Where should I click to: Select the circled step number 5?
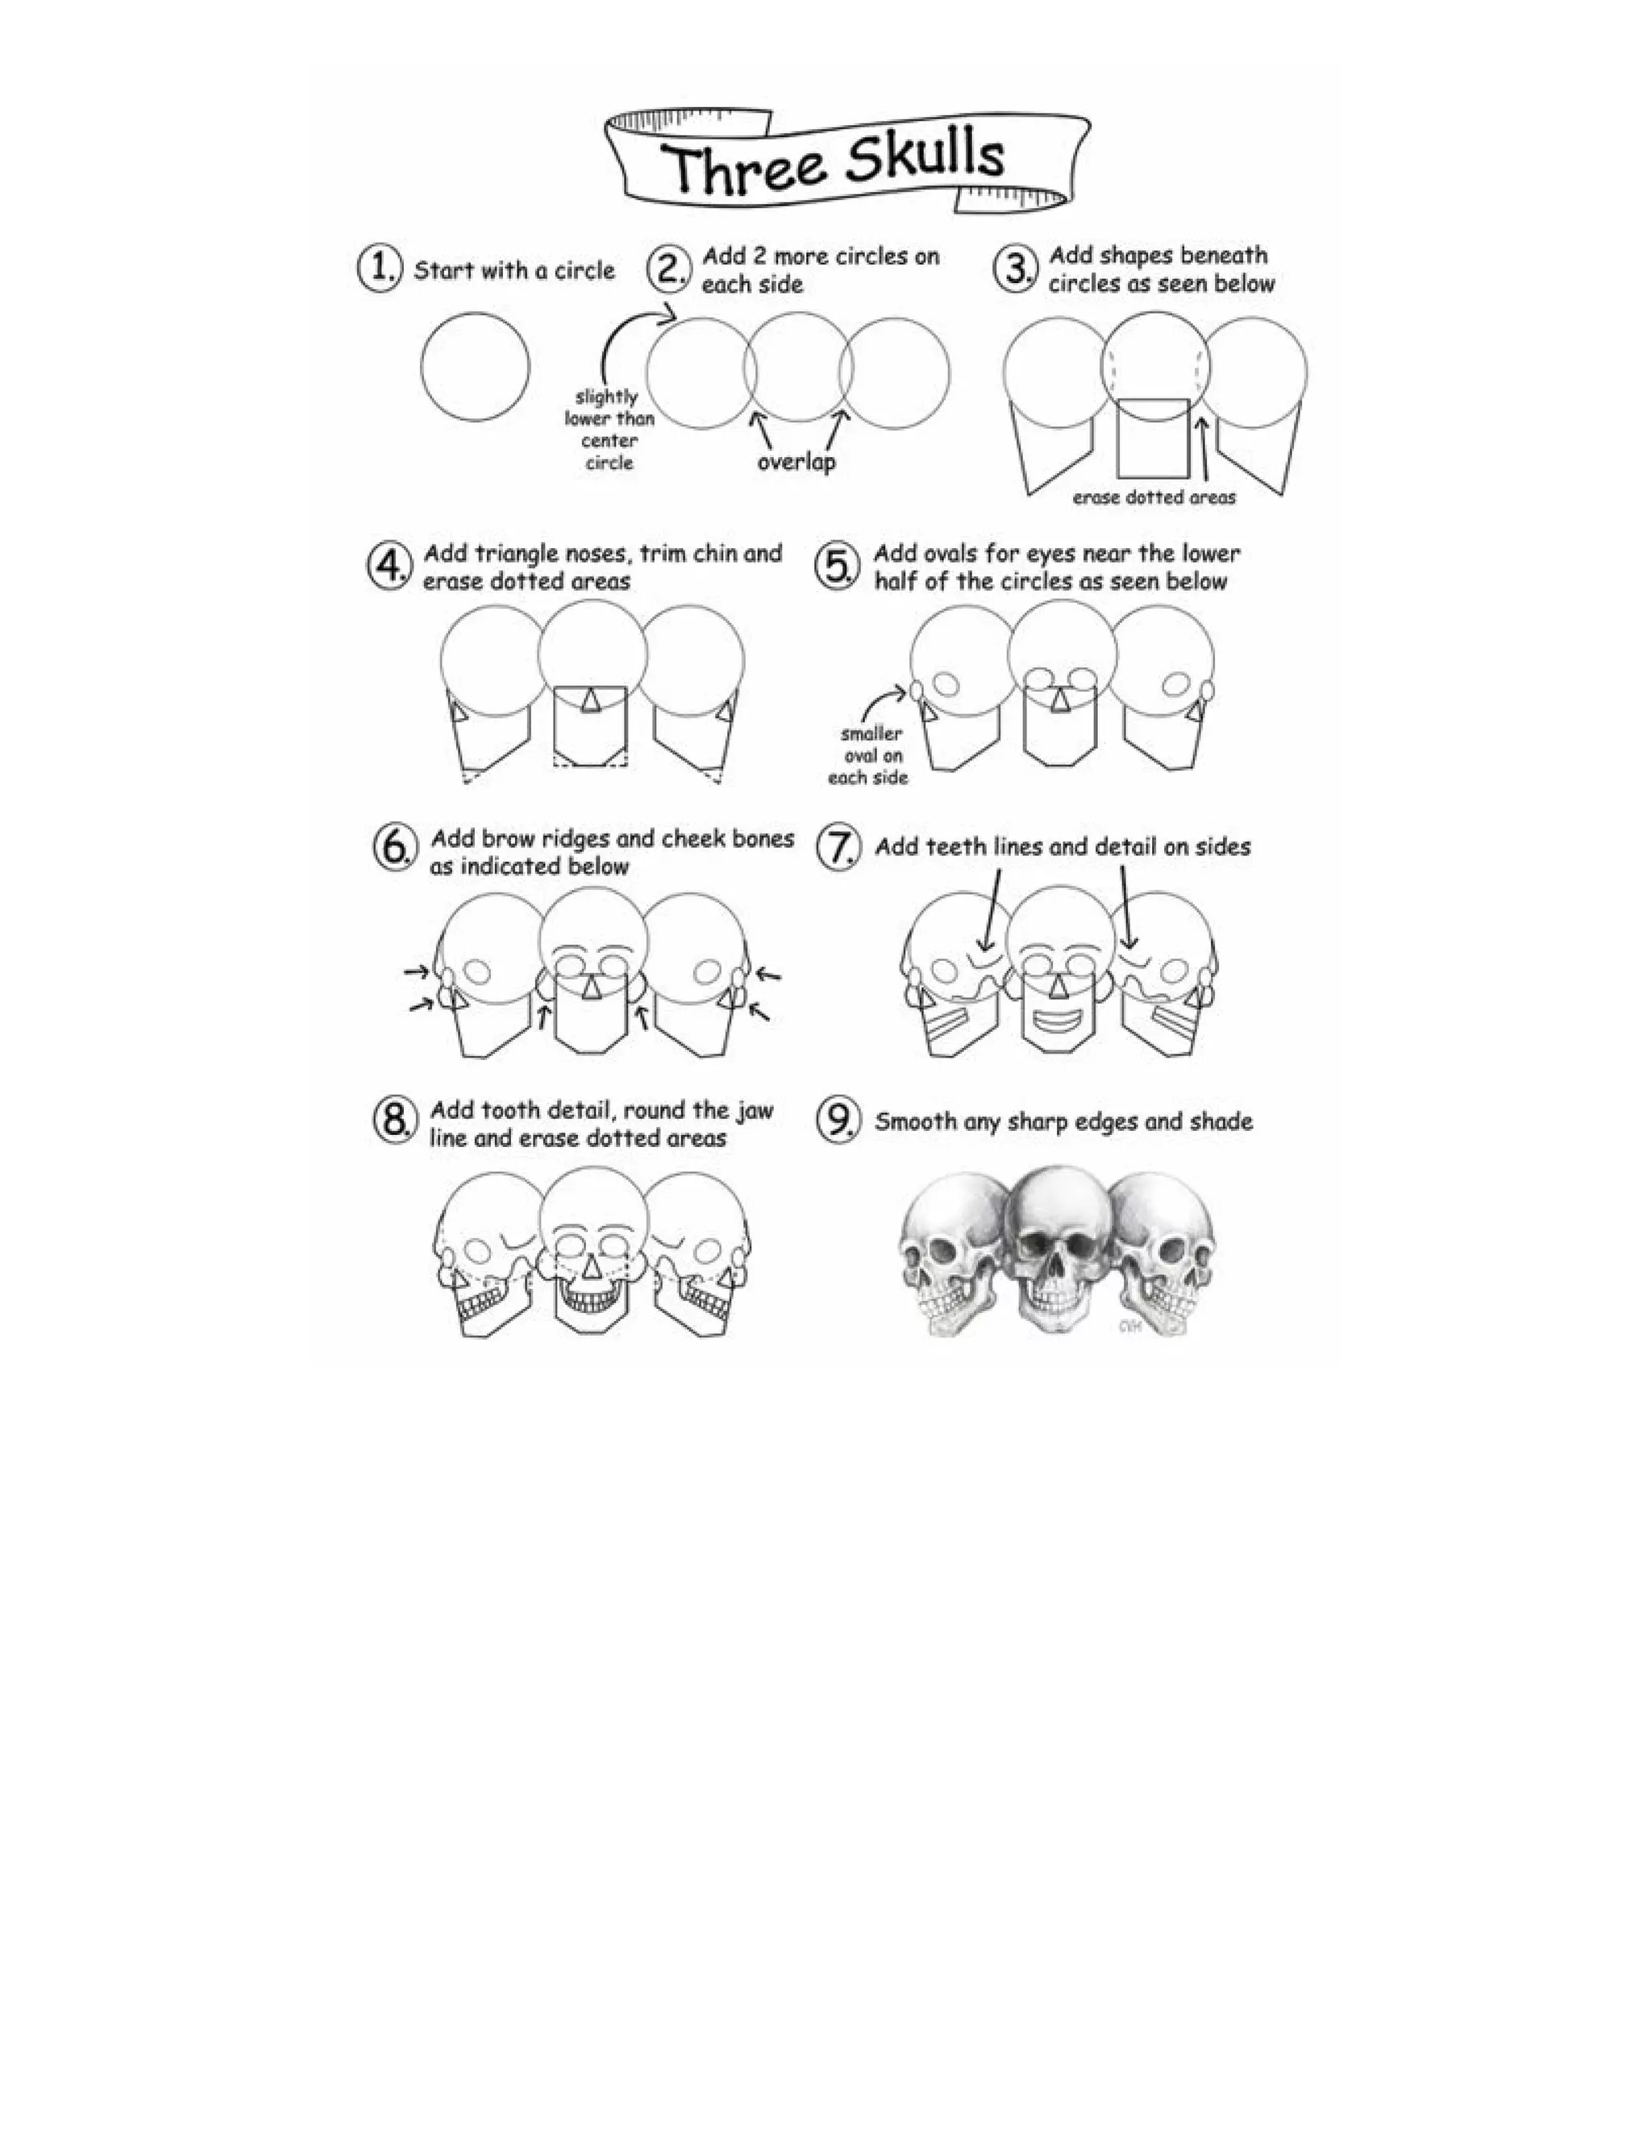pos(836,567)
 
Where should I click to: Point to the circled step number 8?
pos(394,1121)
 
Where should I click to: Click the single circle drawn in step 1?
pos(476,367)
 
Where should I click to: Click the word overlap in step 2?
pos(796,462)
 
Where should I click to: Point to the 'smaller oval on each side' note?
pos(868,755)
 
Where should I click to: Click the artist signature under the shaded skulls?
pos(1129,1326)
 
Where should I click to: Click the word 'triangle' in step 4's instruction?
pos(518,555)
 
